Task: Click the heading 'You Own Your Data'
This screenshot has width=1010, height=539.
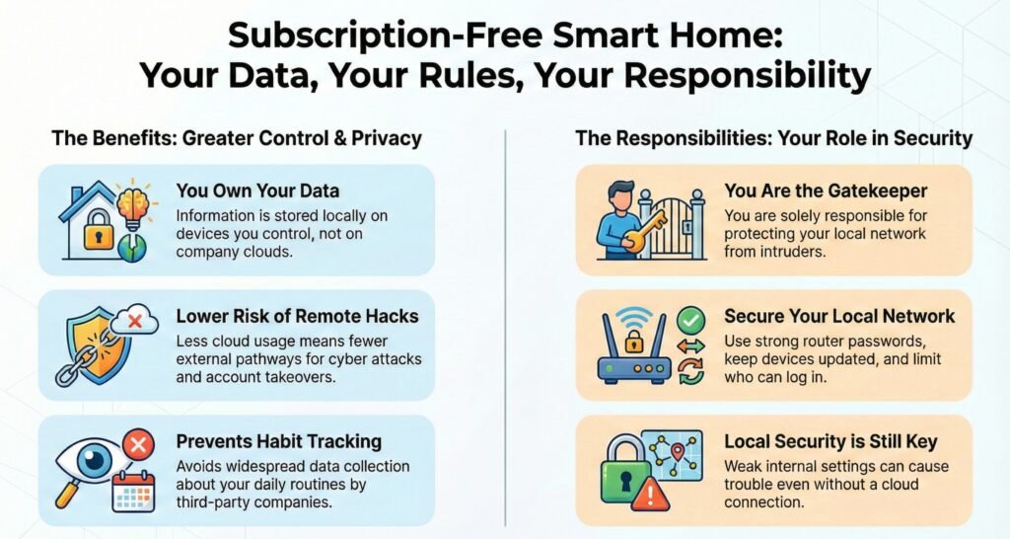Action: coord(257,191)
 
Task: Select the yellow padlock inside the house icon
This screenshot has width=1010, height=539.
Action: coord(98,230)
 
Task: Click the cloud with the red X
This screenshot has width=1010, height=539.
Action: coord(134,319)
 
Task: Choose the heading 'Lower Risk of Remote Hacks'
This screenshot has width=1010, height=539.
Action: coord(298,316)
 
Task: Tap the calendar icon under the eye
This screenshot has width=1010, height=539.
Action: coord(133,492)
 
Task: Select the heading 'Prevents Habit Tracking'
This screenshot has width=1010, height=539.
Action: coord(279,441)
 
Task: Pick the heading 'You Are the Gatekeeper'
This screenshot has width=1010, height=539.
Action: coord(826,191)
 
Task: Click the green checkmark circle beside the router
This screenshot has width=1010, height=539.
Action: coord(690,319)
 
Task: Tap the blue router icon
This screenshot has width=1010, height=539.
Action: coord(634,348)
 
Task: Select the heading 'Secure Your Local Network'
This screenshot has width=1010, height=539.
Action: coord(839,316)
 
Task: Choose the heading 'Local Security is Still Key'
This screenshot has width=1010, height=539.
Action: coord(830,441)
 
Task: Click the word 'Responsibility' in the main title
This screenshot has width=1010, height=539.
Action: coord(748,75)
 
